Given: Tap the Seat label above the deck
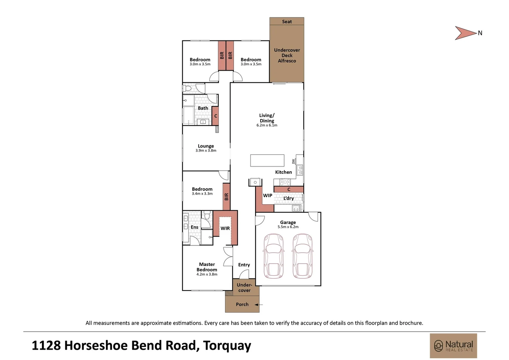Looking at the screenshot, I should click(287, 22).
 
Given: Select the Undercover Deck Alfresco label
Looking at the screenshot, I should click(287, 55).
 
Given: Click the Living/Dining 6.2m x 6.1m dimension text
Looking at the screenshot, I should click(267, 125).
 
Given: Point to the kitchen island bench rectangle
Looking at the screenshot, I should click(267, 160).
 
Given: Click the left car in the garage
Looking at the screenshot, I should click(273, 256).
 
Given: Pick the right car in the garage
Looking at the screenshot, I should click(302, 256).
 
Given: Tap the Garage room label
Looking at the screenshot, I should click(288, 222).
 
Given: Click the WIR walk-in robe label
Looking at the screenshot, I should click(225, 228).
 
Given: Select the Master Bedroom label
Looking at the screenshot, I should click(207, 267).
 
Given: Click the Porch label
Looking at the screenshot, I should click(242, 304).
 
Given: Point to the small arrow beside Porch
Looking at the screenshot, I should click(258, 305).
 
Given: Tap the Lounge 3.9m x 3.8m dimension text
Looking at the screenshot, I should click(206, 151).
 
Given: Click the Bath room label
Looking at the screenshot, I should click(203, 108).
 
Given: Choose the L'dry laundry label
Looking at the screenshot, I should click(288, 198).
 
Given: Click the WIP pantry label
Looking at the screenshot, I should click(267, 196).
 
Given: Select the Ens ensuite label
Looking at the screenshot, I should click(195, 227).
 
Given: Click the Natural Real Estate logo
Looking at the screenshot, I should click(453, 346).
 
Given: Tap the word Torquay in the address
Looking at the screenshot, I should click(227, 346).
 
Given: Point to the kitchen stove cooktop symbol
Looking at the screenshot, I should click(285, 182).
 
